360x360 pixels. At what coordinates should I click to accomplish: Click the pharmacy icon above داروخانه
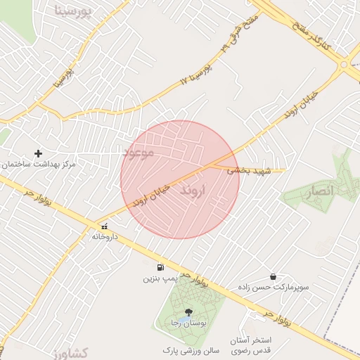[105, 226]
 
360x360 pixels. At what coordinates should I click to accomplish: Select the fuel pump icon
[160, 267]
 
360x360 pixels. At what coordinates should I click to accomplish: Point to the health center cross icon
[39, 153]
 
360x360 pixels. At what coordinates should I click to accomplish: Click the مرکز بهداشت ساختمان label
[38, 164]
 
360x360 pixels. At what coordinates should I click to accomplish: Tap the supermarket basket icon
[273, 276]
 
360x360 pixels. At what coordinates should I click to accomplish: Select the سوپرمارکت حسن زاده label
[270, 288]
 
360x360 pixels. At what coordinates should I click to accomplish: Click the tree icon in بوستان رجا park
[188, 311]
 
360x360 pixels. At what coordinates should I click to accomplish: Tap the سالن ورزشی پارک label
[191, 349]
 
